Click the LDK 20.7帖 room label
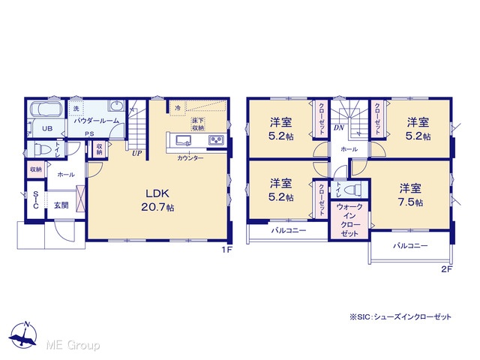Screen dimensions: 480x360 157,200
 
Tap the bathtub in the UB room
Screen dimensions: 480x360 46,109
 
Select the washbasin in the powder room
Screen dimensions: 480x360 117,106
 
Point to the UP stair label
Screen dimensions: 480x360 136,153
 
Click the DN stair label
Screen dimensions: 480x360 339,127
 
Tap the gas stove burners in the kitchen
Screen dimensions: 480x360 217,140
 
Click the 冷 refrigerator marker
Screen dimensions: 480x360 178,108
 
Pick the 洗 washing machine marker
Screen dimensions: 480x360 76,108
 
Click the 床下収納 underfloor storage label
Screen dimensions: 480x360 198,124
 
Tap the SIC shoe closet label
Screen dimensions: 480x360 35,200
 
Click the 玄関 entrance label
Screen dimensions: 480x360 61,205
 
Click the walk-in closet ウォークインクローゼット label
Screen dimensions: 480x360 349,220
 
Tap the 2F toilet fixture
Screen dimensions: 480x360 352,189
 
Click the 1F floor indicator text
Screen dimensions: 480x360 227,250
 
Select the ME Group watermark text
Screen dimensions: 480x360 73,345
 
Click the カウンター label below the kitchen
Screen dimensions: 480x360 190,158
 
